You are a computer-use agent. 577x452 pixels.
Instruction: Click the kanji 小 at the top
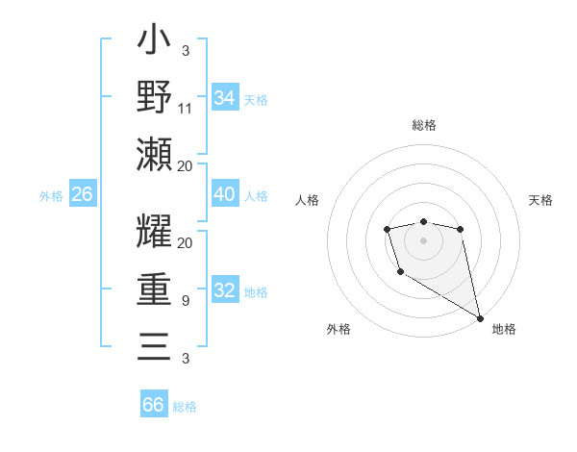(154, 42)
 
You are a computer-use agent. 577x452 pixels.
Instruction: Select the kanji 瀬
(154, 154)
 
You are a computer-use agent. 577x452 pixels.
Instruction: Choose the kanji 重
(154, 289)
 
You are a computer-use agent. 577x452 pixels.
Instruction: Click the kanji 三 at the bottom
(154, 345)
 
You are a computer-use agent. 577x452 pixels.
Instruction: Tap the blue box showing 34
(225, 98)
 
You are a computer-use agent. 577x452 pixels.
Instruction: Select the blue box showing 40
(225, 194)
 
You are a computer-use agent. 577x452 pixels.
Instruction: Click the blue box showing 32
(225, 290)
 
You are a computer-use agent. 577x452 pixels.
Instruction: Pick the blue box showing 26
(83, 194)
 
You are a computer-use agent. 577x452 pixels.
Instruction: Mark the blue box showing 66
(154, 405)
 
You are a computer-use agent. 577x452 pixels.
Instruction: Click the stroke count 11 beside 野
(186, 108)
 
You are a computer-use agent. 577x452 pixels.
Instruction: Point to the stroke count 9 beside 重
(185, 301)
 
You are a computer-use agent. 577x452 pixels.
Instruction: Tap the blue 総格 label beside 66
(185, 407)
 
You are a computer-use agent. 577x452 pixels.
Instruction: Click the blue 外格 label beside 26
(51, 196)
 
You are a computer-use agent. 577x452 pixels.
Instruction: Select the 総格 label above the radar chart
(424, 125)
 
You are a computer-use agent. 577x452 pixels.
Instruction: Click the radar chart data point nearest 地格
(481, 317)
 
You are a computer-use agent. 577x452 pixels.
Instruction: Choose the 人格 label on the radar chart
(308, 201)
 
